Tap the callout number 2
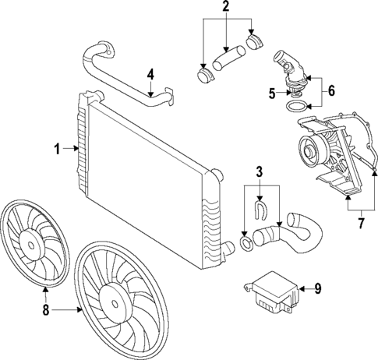coord(225,8)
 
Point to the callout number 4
coord(151,76)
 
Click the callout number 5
coord(272,93)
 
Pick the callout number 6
coord(331,91)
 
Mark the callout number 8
coord(45,310)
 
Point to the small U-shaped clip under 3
coord(261,208)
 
